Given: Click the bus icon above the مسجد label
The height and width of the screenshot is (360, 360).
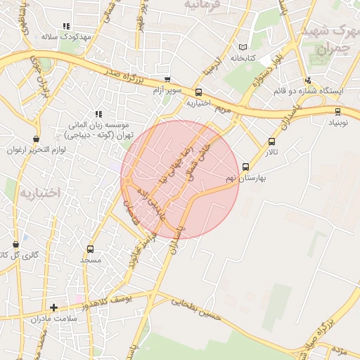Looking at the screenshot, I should tap(90, 249).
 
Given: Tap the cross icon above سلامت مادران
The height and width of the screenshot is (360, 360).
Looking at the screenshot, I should tap(53, 307).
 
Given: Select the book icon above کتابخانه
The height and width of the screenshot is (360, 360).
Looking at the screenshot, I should tap(243, 46).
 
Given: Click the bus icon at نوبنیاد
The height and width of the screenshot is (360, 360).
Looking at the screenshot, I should tap(338, 111).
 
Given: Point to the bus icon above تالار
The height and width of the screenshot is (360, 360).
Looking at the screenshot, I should tap(272, 141).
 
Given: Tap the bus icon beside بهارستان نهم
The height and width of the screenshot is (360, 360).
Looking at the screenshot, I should tap(245, 167).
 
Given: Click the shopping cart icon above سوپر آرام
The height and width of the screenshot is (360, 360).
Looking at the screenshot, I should tap(167, 80).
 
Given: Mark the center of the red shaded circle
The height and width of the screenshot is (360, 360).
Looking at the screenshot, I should tap(181, 179).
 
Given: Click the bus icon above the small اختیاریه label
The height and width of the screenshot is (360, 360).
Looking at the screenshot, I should tap(198, 92).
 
